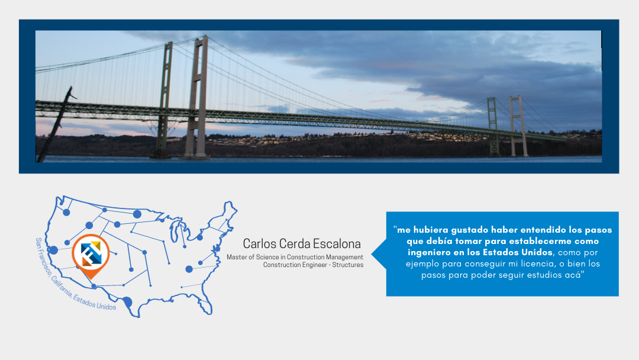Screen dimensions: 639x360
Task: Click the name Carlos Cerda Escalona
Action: [302, 243]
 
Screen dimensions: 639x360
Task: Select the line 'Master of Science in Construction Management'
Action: [295, 257]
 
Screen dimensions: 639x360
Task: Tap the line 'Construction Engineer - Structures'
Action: [313, 265]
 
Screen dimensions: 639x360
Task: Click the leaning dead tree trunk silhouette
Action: [55, 124]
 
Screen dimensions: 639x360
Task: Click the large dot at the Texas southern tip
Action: [127, 302]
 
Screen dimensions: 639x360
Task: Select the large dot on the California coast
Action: [53, 250]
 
